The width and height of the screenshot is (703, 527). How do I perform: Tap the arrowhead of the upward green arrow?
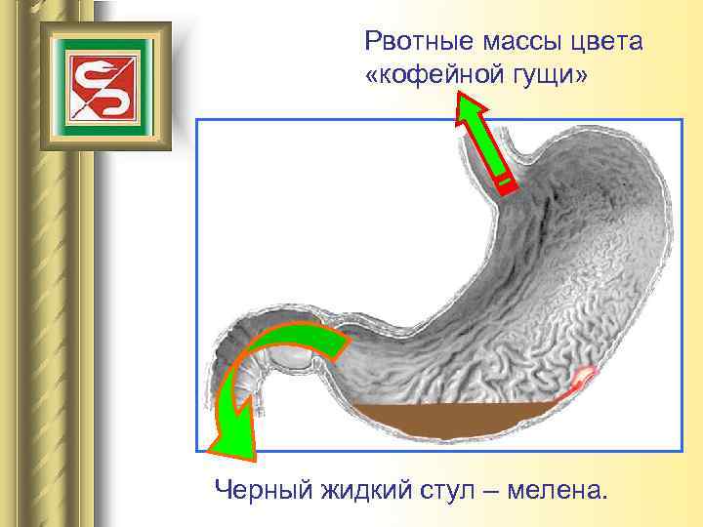point(470,109)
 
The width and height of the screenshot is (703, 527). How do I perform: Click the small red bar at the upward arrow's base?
point(504,182)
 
